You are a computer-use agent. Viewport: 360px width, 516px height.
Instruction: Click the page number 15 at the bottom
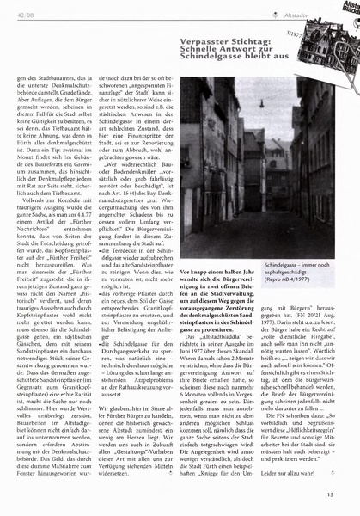[x=341, y=494]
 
